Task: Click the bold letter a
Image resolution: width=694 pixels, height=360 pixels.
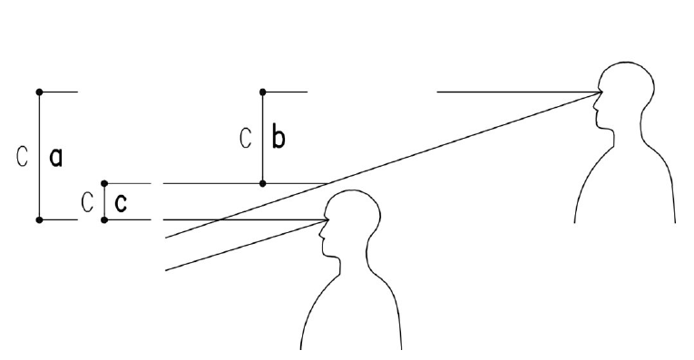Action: pos(55,158)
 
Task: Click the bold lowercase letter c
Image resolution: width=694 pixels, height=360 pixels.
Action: pos(121,203)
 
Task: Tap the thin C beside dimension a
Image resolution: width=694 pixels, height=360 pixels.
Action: pos(22,156)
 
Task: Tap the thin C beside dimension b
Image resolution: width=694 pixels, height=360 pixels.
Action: pos(246,138)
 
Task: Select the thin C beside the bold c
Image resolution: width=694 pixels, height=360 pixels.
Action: pos(88,202)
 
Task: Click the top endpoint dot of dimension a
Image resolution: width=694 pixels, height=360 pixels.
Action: pos(39,92)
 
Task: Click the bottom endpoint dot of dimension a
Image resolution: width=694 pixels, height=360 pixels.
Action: pos(39,219)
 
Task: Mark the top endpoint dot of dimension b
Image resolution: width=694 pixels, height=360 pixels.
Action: pos(263,92)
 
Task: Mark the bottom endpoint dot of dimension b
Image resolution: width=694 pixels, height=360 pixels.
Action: pos(263,183)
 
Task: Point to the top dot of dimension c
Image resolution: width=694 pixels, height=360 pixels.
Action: pos(104,183)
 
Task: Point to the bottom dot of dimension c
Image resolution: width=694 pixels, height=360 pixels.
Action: pos(104,219)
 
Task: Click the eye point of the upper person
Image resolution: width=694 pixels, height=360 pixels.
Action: pos(601,92)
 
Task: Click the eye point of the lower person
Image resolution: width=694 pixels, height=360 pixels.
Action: pos(328,219)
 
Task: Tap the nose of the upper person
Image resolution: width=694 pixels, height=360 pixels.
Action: pos(594,108)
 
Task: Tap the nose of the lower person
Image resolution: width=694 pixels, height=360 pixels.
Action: pos(321,235)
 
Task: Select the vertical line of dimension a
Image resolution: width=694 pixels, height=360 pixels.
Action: pos(39,156)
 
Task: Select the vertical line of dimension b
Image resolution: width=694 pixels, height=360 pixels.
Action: pos(263,138)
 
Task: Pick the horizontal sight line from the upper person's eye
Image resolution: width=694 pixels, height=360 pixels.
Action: pos(519,92)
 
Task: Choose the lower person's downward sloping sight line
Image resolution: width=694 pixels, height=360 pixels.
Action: pos(247,245)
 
